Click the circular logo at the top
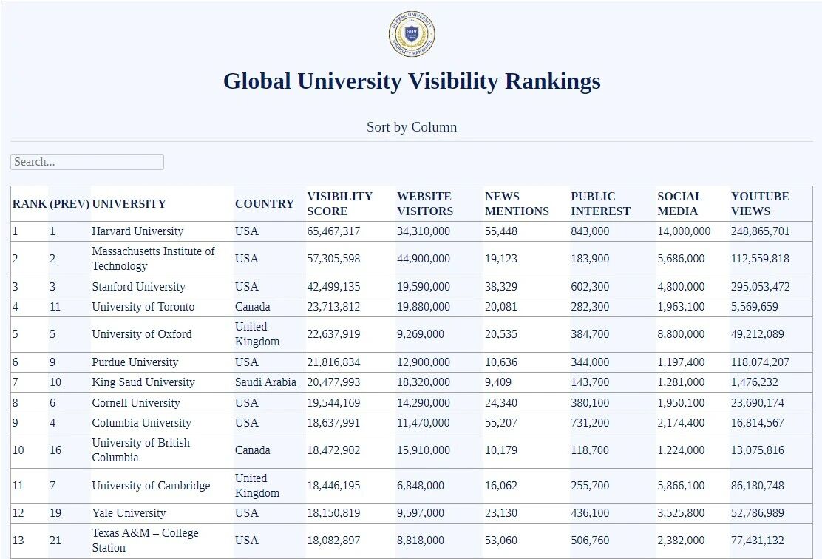pyautogui.click(x=411, y=35)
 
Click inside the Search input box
pyautogui.click(x=87, y=162)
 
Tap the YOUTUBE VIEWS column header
pyautogui.click(x=760, y=203)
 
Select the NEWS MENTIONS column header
pyautogui.click(x=517, y=203)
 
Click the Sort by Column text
pyautogui.click(x=412, y=127)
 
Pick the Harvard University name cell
pyautogui.click(x=137, y=231)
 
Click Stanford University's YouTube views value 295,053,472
pyautogui.click(x=760, y=287)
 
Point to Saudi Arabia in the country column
pyautogui.click(x=265, y=382)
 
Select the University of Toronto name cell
pyautogui.click(x=143, y=307)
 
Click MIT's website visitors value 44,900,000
pyautogui.click(x=423, y=259)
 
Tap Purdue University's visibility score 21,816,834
pyautogui.click(x=333, y=362)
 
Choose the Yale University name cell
pyautogui.click(x=129, y=513)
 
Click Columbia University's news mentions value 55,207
pyautogui.click(x=501, y=423)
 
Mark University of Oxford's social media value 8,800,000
pyautogui.click(x=681, y=334)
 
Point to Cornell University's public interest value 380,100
pyautogui.click(x=590, y=403)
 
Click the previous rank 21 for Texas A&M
pyautogui.click(x=55, y=541)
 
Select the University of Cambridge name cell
pyautogui.click(x=151, y=486)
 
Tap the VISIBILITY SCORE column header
pyautogui.click(x=339, y=203)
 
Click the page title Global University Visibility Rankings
pyautogui.click(x=412, y=81)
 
